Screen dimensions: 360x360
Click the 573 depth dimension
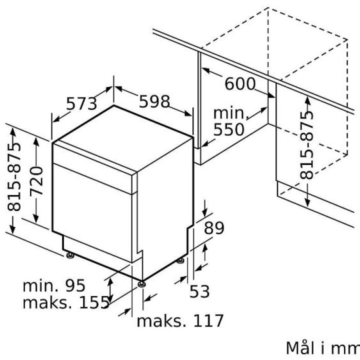tap(81, 104)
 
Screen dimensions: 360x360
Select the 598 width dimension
tap(154, 101)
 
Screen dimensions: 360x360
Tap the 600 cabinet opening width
tap(240, 83)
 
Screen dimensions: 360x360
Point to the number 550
tap(228, 129)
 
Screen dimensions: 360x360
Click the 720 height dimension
tap(36, 181)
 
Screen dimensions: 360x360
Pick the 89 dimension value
tap(214, 228)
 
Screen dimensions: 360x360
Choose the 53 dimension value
tap(199, 291)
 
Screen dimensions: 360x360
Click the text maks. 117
tap(180, 320)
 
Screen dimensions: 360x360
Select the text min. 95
tap(54, 285)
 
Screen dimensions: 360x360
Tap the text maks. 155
tap(66, 302)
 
